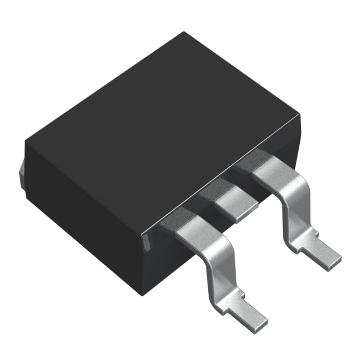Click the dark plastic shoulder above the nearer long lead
coord(172,216)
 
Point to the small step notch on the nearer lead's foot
coord(242,293)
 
